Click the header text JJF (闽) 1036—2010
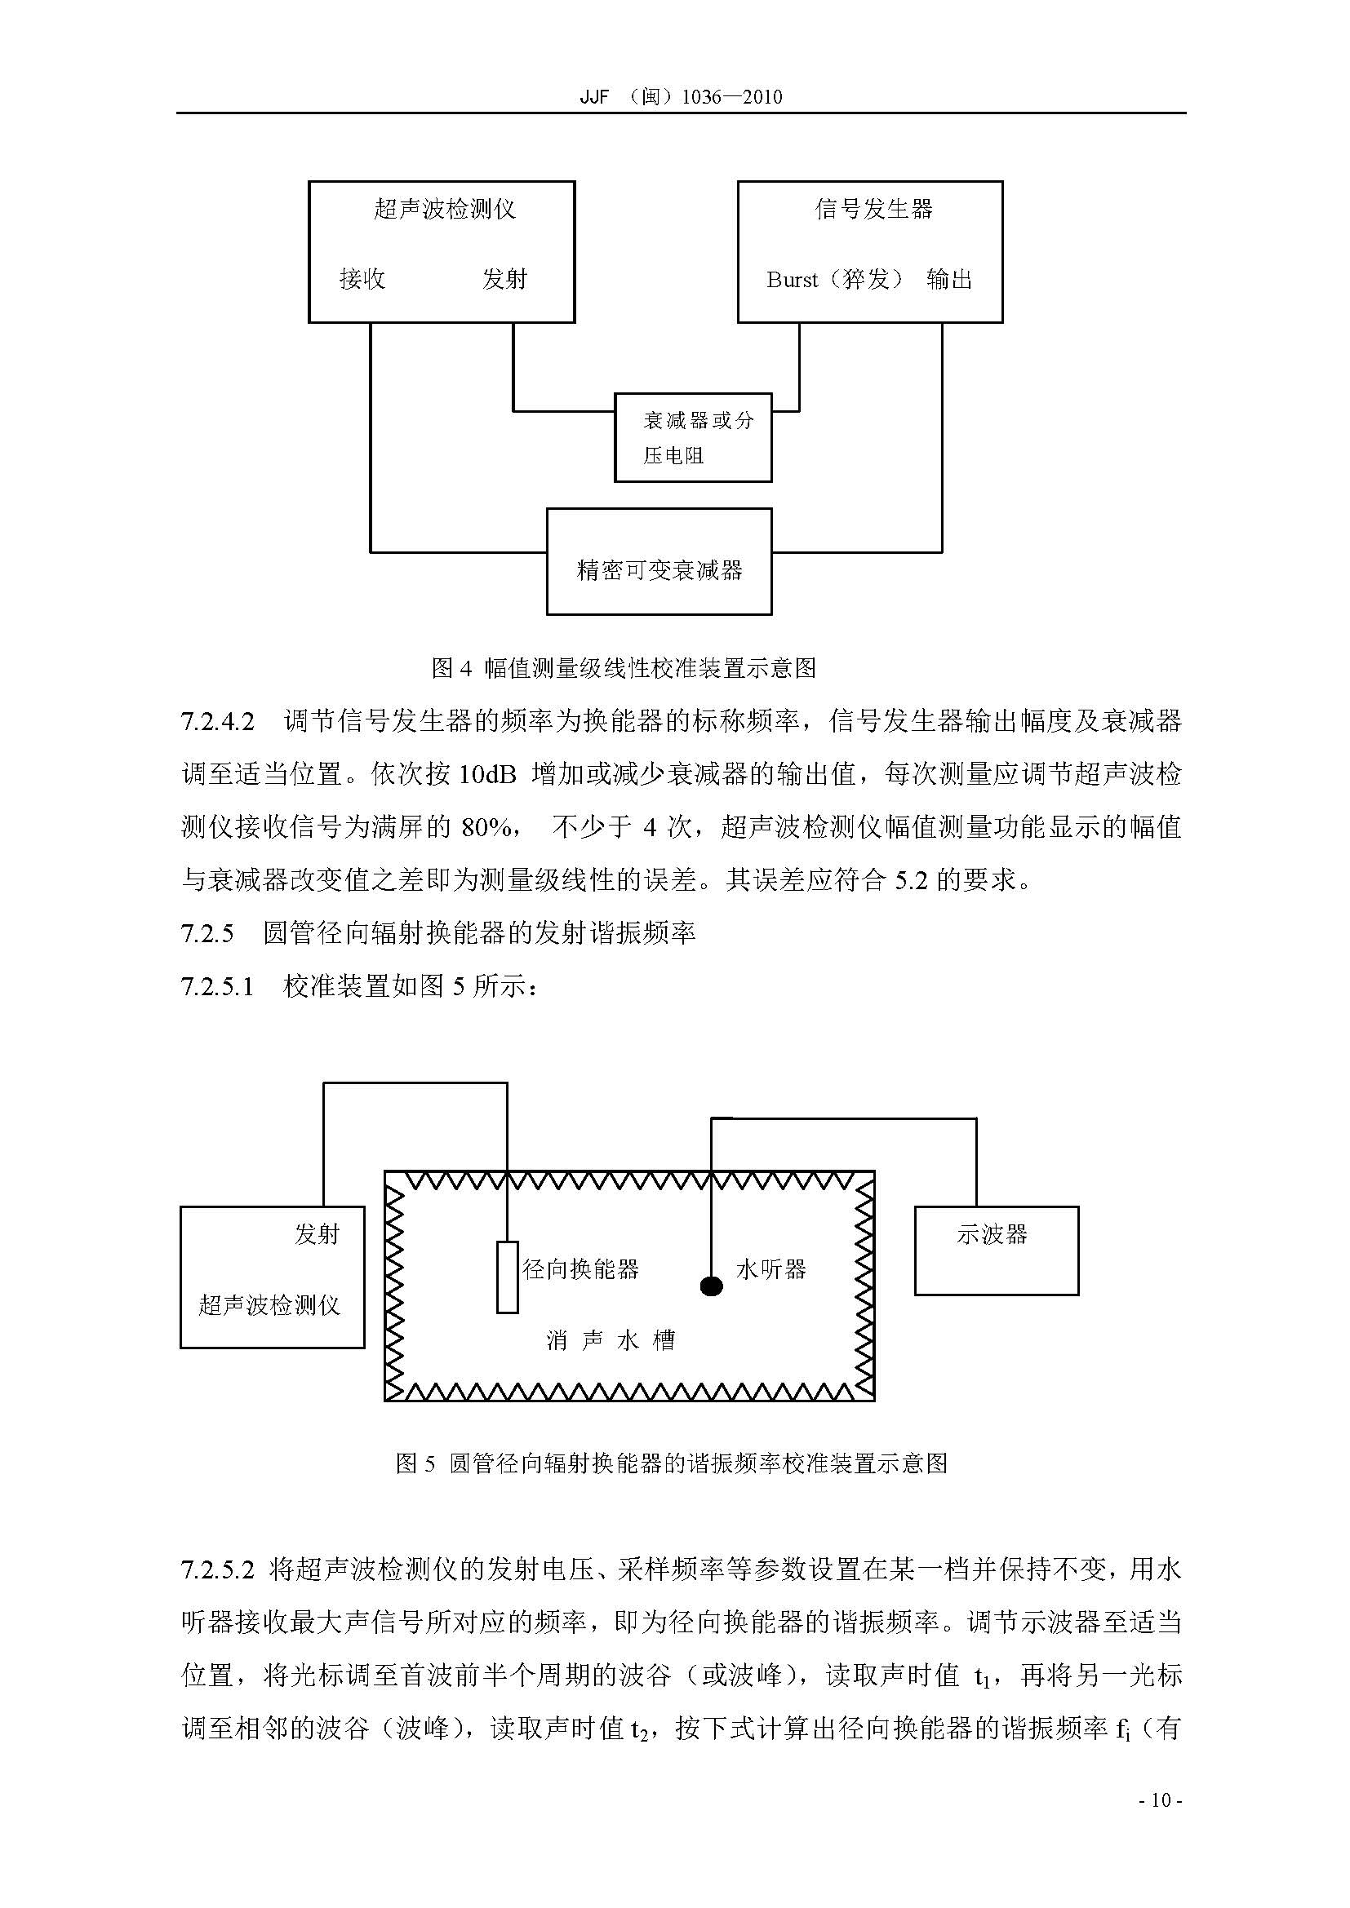pos(680,96)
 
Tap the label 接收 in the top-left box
pos(362,279)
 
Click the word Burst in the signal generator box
pos(793,280)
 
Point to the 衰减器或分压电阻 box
pos(692,438)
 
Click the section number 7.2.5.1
pos(217,986)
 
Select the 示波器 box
pos(996,1251)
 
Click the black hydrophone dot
pos(711,1287)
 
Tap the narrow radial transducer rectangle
pos(507,1277)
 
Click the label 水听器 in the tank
pos(770,1269)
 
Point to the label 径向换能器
pos(580,1269)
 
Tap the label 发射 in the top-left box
pos(504,279)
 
